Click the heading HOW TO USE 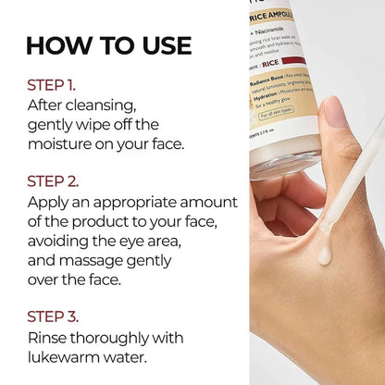tap(108, 45)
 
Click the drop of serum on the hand tap(325, 251)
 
